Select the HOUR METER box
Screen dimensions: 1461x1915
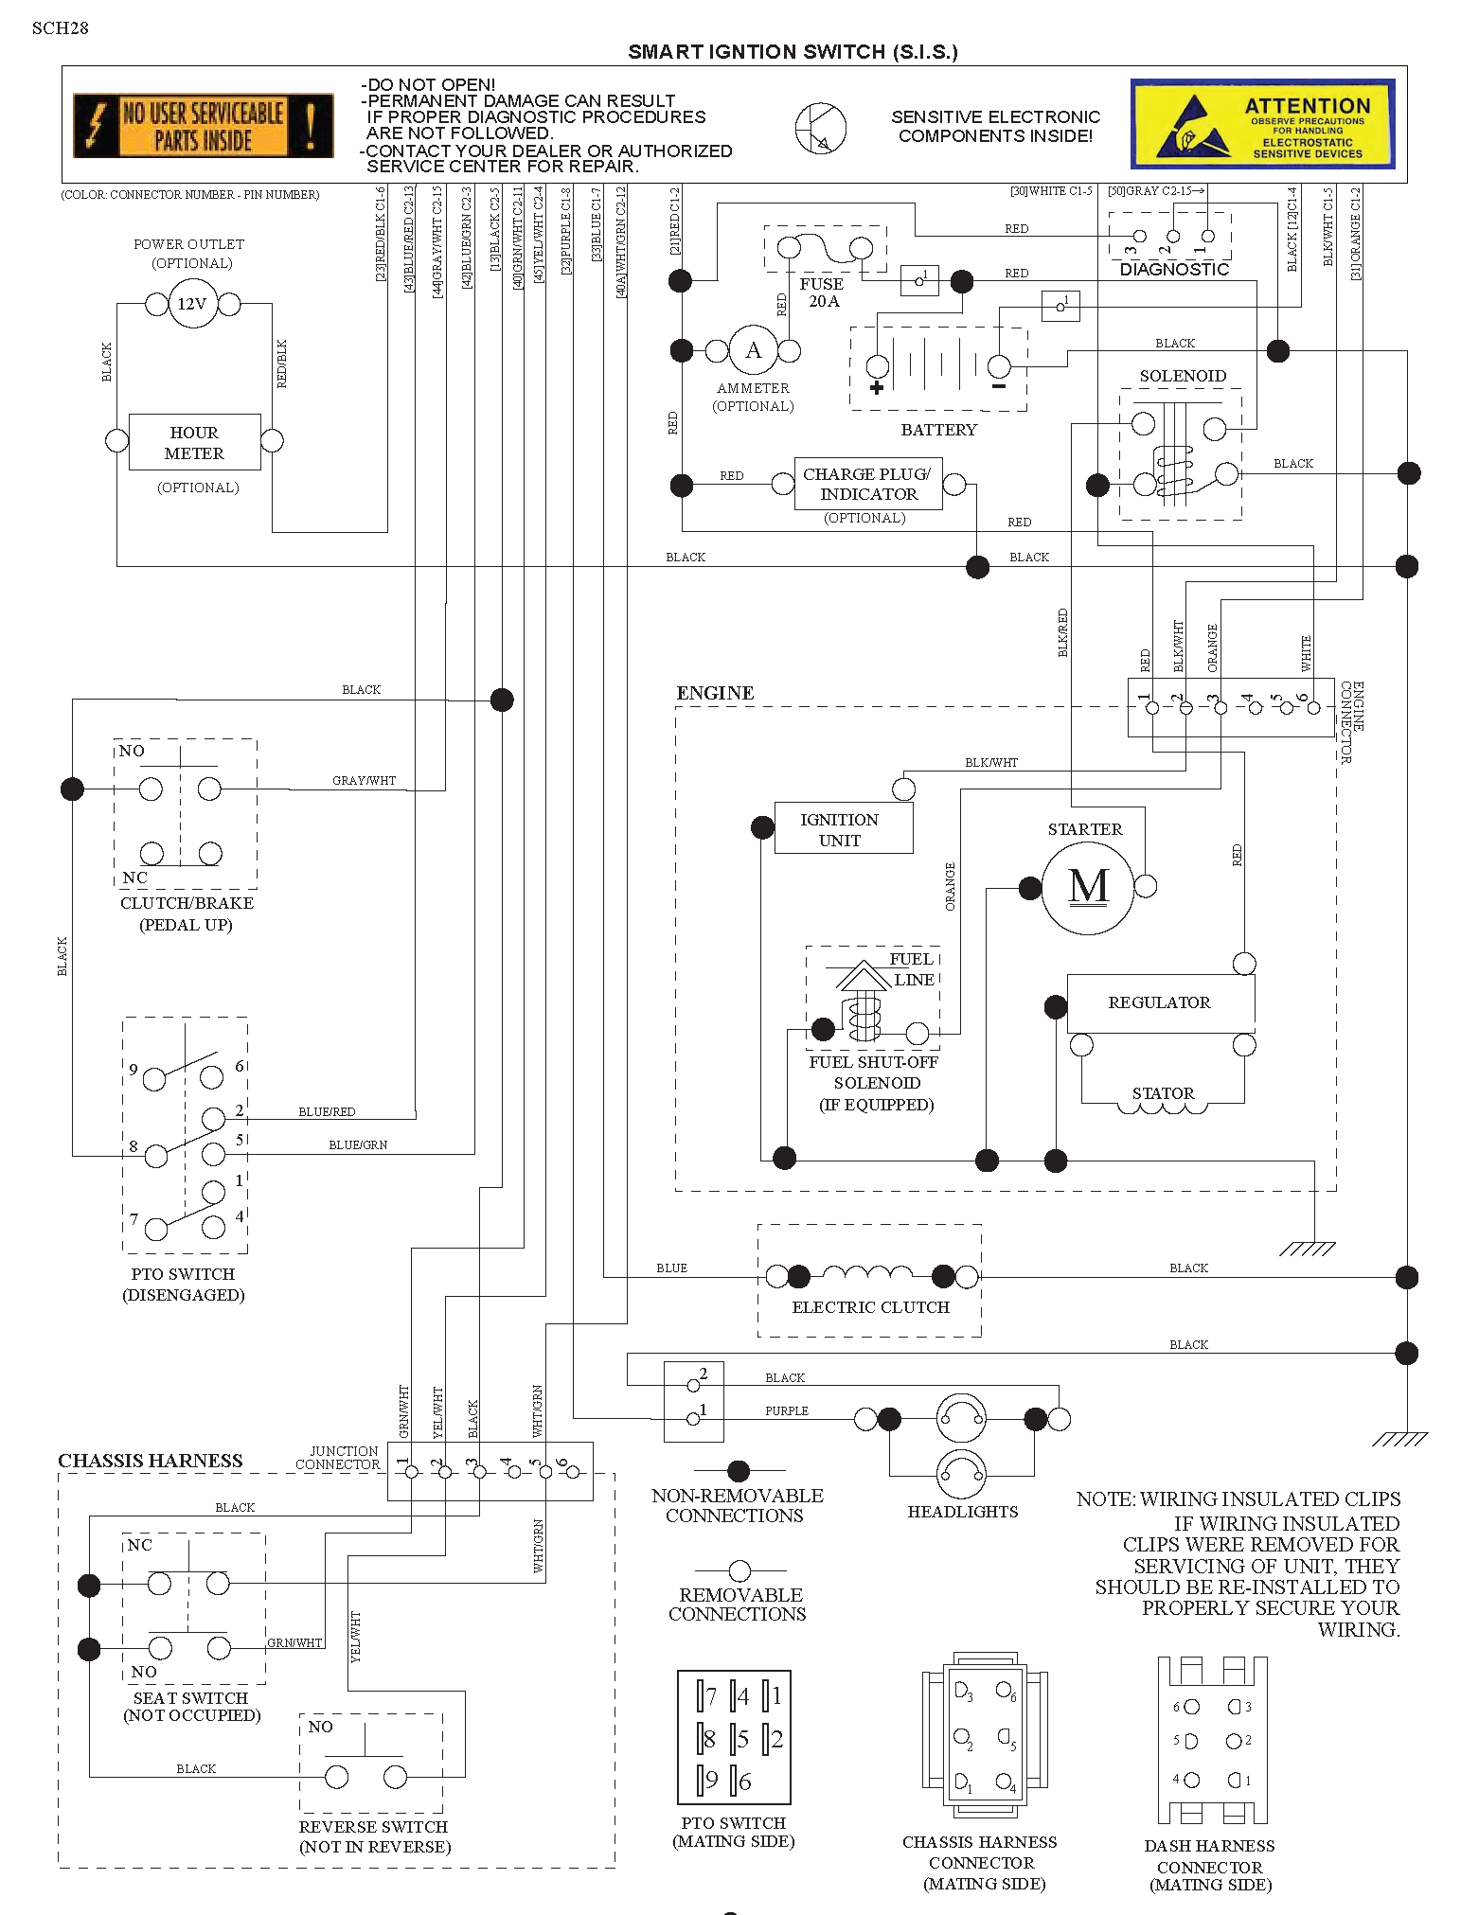pos(194,442)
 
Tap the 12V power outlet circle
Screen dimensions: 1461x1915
pos(192,304)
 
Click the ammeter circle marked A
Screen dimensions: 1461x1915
pos(754,351)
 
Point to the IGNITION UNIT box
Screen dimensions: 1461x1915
pos(843,828)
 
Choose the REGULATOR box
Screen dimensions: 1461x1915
pos(1160,1003)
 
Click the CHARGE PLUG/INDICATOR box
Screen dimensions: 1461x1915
pos(868,484)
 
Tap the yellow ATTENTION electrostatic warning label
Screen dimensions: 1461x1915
pos(1262,124)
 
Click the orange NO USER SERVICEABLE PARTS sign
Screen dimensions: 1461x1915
pos(203,125)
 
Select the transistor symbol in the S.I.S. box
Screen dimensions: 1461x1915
pos(820,129)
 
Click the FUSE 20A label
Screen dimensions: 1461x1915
pos(822,293)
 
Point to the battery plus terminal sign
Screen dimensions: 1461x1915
pos(877,386)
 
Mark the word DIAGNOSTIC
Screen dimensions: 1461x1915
pos(1174,270)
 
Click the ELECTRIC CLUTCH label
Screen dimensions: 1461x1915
pos(870,1307)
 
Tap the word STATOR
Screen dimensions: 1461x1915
pos(1163,1093)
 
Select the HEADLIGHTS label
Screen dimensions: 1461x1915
pos(962,1512)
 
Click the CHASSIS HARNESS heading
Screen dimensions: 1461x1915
pos(151,1461)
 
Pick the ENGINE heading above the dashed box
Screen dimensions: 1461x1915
pos(715,693)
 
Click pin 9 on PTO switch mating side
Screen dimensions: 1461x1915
pos(707,1781)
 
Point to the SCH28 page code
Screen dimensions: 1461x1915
pos(60,27)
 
